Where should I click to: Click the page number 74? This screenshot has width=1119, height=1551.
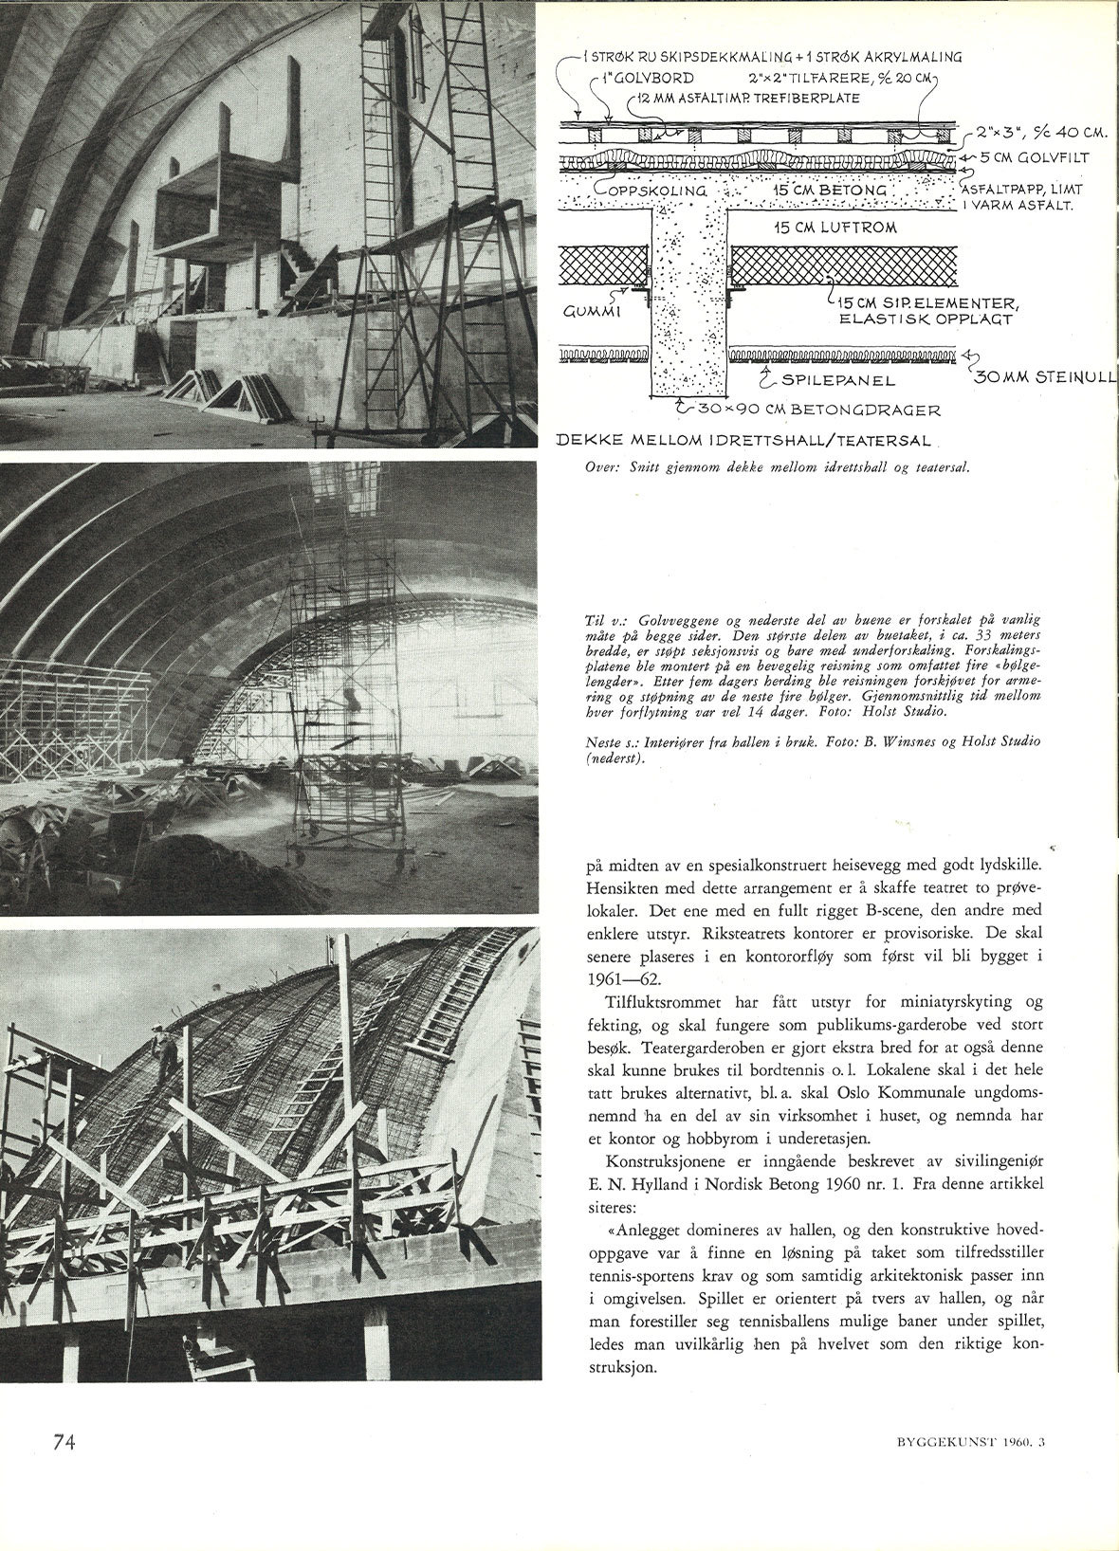[64, 1441]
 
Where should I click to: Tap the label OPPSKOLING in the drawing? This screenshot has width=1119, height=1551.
[655, 191]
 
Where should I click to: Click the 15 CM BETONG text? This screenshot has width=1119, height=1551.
[829, 191]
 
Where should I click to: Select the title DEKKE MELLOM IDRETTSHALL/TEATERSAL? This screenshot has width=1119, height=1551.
[744, 441]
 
